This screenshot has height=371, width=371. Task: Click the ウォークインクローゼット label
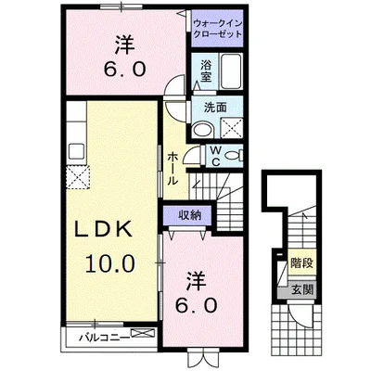219,27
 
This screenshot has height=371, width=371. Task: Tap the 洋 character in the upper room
124,42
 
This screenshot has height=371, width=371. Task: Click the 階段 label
301,264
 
